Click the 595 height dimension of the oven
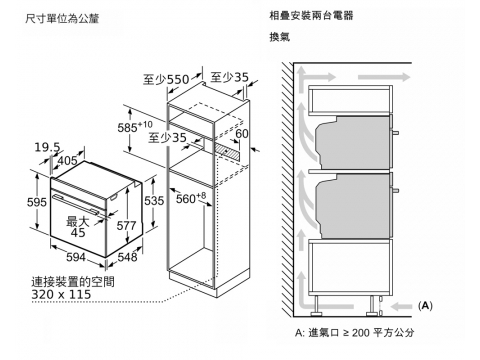36,202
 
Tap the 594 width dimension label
76,257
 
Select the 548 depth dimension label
127,257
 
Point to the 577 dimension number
126,226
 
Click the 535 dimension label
154,201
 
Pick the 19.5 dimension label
48,147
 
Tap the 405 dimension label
68,161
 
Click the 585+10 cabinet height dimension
135,127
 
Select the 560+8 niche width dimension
191,198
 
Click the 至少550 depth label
166,79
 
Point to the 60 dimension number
242,133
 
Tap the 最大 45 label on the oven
78,227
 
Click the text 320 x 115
61,294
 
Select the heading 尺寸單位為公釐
62,18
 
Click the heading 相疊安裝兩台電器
311,15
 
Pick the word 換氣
280,37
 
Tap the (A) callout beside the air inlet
425,306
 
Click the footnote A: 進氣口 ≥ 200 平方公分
354,332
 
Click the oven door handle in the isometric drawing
75,203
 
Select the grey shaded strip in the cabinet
227,151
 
